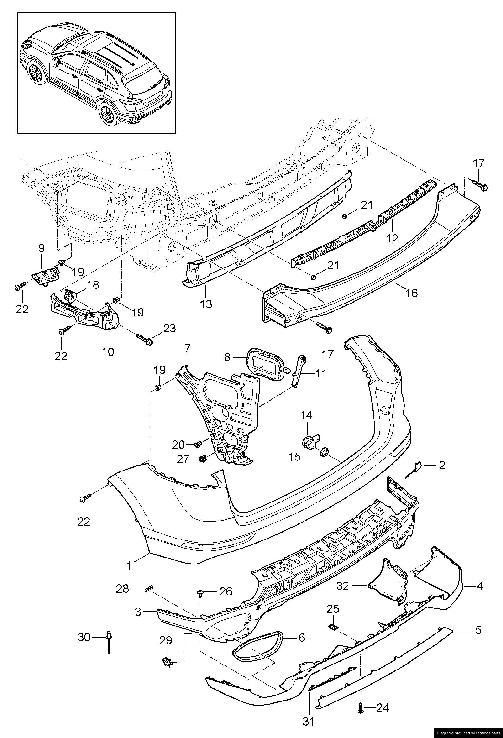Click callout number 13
coord(206,304)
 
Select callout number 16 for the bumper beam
coord(412,292)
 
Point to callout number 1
coord(129,565)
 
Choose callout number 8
coord(227,357)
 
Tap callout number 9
coord(41,248)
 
